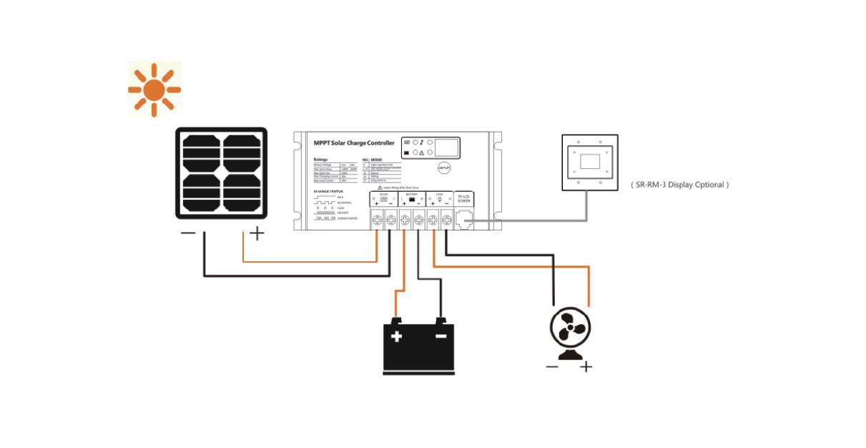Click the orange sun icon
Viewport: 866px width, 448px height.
[x=154, y=89]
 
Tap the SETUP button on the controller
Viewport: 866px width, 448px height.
[x=444, y=167]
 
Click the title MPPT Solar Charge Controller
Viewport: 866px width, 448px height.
[x=354, y=143]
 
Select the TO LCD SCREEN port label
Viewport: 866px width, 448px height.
[x=463, y=198]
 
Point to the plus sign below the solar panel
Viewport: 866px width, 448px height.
[x=255, y=233]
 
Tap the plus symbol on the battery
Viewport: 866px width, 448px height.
[x=396, y=336]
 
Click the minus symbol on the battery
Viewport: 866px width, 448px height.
[x=441, y=335]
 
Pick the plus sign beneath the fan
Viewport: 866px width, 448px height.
[x=586, y=367]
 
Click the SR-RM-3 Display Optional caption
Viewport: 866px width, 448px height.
[x=679, y=185]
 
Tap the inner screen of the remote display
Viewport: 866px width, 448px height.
[x=589, y=161]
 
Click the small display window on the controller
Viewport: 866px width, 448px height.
[x=446, y=147]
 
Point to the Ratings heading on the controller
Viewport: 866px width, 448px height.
[x=320, y=160]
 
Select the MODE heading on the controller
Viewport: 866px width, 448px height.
[x=376, y=160]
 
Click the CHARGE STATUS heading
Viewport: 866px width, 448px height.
[x=328, y=191]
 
